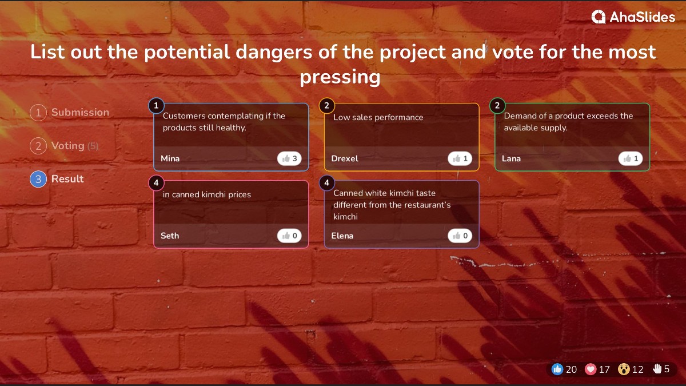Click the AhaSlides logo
click(x=633, y=17)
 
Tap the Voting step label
click(x=68, y=146)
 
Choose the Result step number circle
click(x=38, y=179)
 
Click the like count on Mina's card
click(x=289, y=158)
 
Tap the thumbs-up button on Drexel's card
click(x=460, y=158)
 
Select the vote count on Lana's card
click(x=631, y=158)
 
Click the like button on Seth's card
click(x=289, y=236)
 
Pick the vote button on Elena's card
click(x=460, y=236)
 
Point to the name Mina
click(x=170, y=158)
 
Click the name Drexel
click(x=345, y=158)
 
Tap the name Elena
click(x=342, y=236)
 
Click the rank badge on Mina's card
click(x=156, y=105)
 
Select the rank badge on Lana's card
click(x=497, y=105)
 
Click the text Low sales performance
click(x=378, y=117)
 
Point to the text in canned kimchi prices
click(x=207, y=194)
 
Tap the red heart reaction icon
click(x=591, y=369)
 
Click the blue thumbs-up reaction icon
click(x=557, y=369)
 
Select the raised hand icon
click(x=657, y=369)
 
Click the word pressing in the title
click(x=340, y=77)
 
